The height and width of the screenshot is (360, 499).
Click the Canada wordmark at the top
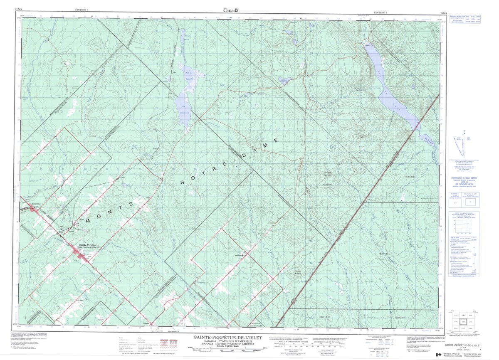pos(231,10)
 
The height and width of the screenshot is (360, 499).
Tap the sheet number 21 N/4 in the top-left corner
pos(19,8)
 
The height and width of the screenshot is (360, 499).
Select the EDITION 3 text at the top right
pos(380,13)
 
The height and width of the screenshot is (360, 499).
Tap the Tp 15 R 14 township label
pos(401,318)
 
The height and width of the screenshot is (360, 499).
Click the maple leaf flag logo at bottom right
pos(438,355)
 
